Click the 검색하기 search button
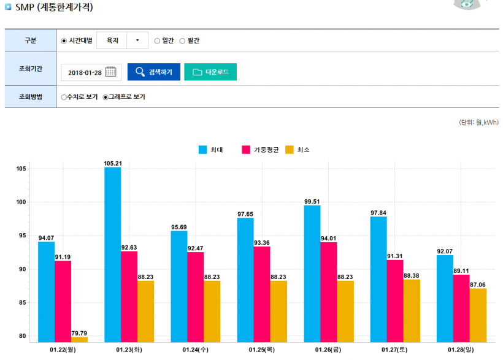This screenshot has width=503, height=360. (153, 72)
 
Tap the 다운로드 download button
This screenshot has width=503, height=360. (210, 72)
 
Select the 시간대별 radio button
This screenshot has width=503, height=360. (64, 41)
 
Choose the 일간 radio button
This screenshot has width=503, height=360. (157, 41)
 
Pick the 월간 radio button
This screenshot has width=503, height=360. (182, 41)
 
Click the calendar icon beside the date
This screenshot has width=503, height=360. (110, 72)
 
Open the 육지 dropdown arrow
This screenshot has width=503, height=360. (137, 41)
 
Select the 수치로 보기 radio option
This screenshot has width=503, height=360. (64, 97)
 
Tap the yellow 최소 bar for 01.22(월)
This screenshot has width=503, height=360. (79, 339)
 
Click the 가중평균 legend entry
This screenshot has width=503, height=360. (261, 150)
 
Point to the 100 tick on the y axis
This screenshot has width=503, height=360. (22, 202)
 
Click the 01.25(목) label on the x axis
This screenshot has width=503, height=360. (262, 350)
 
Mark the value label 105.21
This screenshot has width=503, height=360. (112, 163)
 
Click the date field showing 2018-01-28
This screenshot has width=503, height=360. (85, 72)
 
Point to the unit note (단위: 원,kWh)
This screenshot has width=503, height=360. (478, 123)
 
